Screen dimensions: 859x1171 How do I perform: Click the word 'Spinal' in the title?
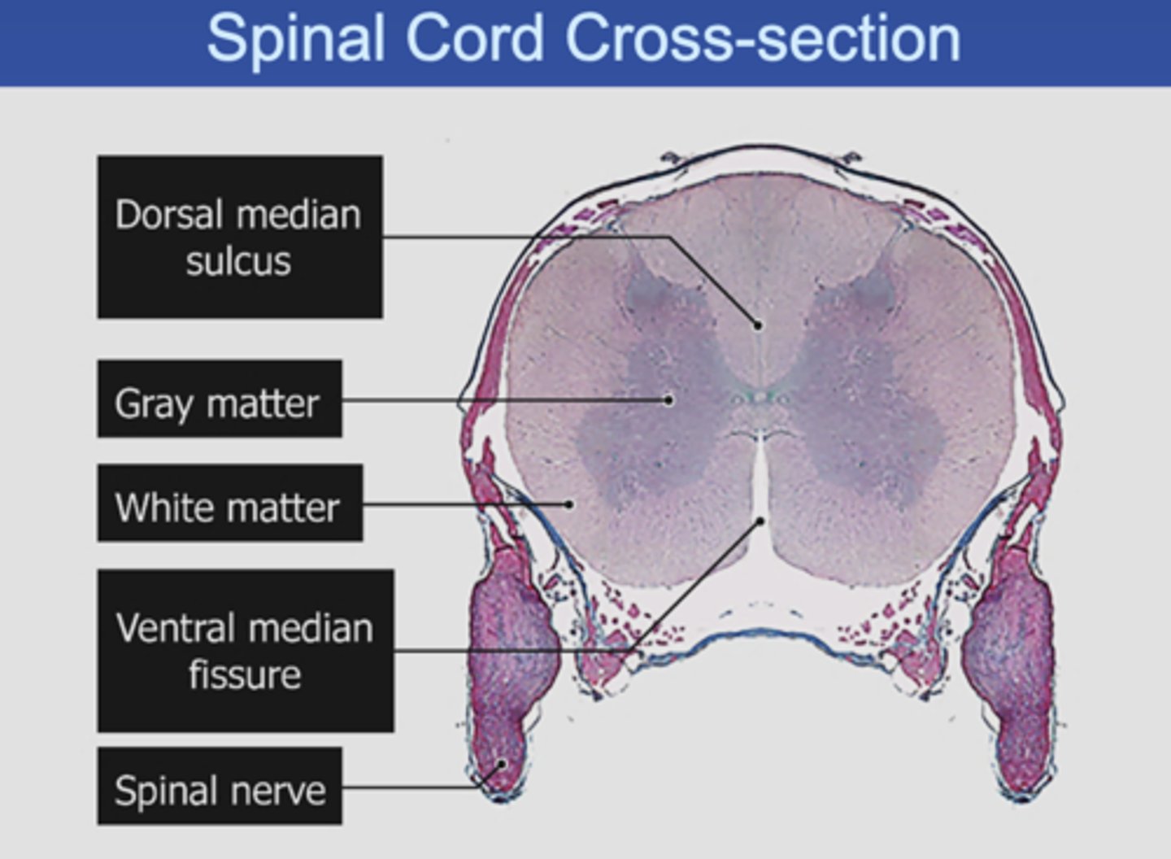click(x=295, y=38)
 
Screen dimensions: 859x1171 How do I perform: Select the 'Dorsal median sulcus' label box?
click(x=240, y=237)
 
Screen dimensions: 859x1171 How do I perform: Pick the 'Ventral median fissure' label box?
click(x=246, y=651)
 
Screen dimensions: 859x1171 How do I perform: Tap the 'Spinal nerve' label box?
click(x=220, y=787)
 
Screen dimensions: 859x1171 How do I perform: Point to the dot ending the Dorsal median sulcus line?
click(x=758, y=325)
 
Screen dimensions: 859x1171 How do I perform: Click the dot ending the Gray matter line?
click(x=668, y=399)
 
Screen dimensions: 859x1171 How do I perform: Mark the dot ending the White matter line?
click(x=569, y=504)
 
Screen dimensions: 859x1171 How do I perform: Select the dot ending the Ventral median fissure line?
click(x=761, y=520)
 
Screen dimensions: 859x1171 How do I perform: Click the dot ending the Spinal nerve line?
click(x=503, y=764)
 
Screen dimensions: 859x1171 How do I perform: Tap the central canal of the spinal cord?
click(x=760, y=398)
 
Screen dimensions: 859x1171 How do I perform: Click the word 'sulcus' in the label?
click(x=238, y=261)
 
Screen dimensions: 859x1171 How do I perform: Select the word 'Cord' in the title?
click(x=474, y=38)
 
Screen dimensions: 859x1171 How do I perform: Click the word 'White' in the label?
click(x=163, y=508)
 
